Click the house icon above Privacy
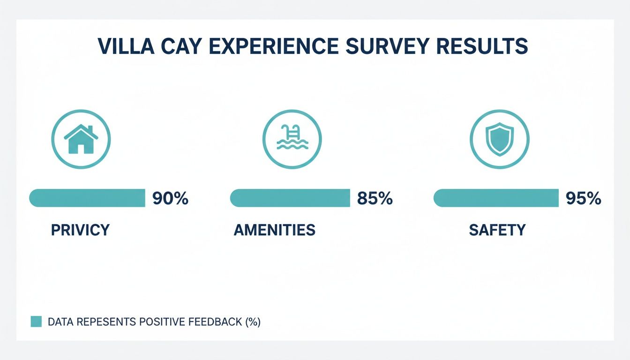pyautogui.click(x=81, y=139)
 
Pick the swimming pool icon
pyautogui.click(x=292, y=139)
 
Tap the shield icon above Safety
pyautogui.click(x=499, y=139)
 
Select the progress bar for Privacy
pyautogui.click(x=87, y=198)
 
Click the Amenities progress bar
pyautogui.click(x=290, y=198)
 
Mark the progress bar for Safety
pyautogui.click(x=496, y=198)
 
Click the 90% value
pyautogui.click(x=170, y=199)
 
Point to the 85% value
pyautogui.click(x=375, y=199)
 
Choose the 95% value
pyautogui.click(x=583, y=199)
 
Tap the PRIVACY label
pyautogui.click(x=80, y=230)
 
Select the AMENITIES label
pyautogui.click(x=274, y=230)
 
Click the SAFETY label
pyautogui.click(x=497, y=230)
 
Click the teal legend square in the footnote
pyautogui.click(x=36, y=322)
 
